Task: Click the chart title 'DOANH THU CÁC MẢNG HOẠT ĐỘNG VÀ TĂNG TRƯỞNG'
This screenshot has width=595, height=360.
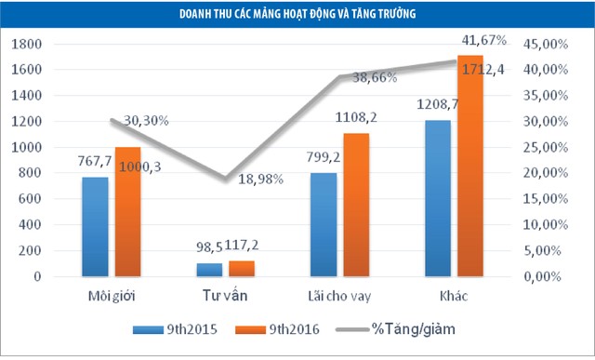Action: tap(298, 14)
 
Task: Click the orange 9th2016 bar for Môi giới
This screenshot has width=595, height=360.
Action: tap(127, 212)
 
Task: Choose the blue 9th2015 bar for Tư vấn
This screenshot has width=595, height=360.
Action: tap(208, 270)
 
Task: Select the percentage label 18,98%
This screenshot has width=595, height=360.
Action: tap(245, 180)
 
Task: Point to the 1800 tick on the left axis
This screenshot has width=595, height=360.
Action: tap(27, 44)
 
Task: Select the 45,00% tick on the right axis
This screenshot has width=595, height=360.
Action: tap(540, 44)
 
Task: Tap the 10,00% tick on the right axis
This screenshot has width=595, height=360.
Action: tap(540, 225)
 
